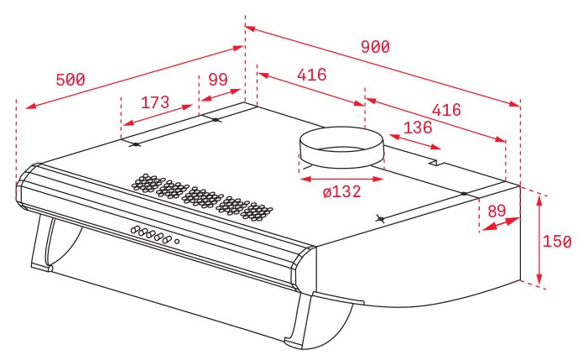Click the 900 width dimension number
point(375,47)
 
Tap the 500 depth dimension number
point(70,80)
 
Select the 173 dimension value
point(155,102)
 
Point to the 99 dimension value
point(218,80)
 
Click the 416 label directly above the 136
point(446,110)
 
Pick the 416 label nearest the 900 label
point(311,75)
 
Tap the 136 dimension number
point(418,128)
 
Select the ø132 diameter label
point(341,191)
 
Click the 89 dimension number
point(497,211)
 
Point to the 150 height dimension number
point(557,242)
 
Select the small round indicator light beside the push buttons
point(177,243)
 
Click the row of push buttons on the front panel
point(150,234)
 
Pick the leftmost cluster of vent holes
point(147,181)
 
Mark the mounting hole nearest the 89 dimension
point(463,195)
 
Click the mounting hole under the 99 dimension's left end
point(216,121)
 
